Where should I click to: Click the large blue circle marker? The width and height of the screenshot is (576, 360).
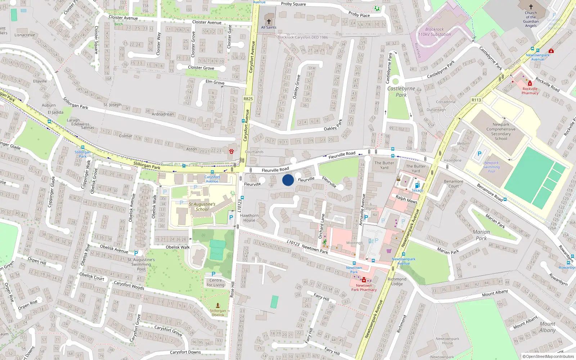[288, 180]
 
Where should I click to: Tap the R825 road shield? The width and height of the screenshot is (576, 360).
[248, 99]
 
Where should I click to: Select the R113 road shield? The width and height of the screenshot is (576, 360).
[476, 100]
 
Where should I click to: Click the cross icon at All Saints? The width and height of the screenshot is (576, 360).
[269, 22]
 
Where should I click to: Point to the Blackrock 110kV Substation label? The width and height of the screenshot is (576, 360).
[435, 32]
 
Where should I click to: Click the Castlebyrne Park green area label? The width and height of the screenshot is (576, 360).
[401, 92]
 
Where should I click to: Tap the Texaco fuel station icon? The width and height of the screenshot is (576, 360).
[417, 185]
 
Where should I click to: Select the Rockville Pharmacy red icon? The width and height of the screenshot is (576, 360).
[530, 84]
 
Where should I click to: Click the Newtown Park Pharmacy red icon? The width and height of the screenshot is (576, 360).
[364, 280]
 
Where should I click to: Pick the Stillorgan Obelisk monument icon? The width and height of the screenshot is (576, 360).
[217, 305]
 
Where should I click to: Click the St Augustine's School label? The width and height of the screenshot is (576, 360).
[202, 207]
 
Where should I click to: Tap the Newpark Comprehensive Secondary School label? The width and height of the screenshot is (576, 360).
[501, 131]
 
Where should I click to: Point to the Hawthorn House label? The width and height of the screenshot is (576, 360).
[249, 218]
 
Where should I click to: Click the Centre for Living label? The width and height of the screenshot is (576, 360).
[216, 283]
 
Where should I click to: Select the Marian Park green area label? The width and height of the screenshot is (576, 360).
[481, 235]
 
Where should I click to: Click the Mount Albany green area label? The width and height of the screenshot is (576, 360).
[547, 327]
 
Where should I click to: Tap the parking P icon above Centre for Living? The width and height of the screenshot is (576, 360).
[213, 274]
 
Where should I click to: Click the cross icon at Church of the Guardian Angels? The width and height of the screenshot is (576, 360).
[531, 7]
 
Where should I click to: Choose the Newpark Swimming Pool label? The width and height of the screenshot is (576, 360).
[491, 167]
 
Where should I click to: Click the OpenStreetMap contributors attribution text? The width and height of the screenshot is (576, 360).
[548, 357]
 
